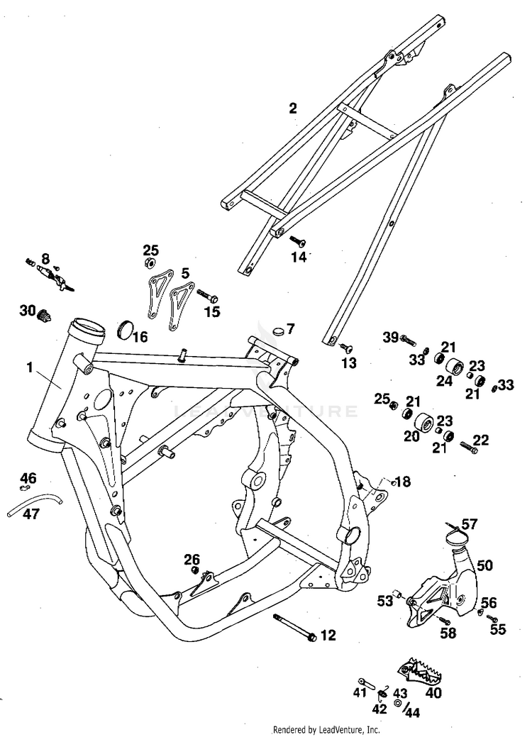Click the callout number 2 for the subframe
[293, 109]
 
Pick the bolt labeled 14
[297, 242]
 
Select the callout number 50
[484, 565]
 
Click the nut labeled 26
[194, 570]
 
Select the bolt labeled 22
[469, 448]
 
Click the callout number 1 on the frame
[29, 367]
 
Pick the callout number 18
[402, 482]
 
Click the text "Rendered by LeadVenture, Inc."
[326, 729]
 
